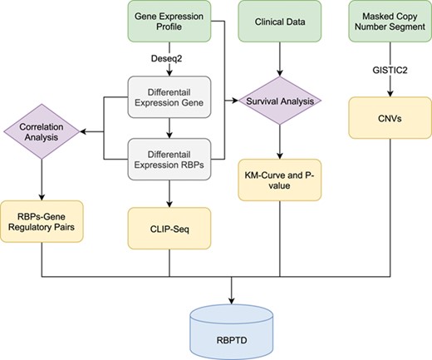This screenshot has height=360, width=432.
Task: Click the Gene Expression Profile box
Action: (169, 23)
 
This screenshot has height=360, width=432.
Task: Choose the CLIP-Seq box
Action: (169, 221)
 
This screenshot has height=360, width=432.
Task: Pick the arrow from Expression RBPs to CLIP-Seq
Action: (169, 190)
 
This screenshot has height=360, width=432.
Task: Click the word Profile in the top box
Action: (169, 31)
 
